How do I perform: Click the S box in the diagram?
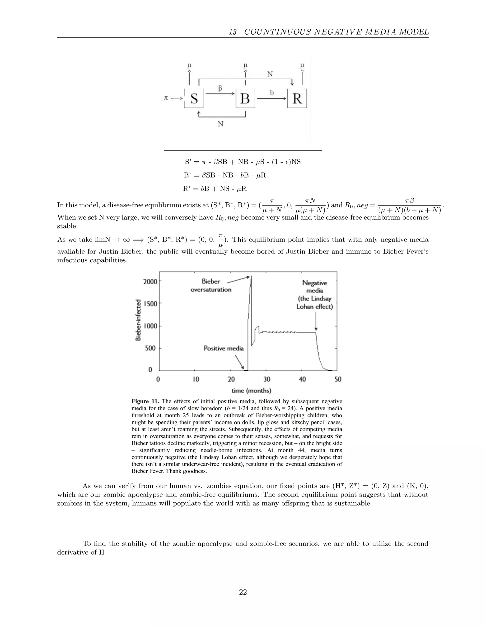point(194,98)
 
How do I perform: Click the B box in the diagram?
point(245,98)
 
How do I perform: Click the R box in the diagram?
point(297,98)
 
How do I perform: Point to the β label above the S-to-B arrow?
point(220,88)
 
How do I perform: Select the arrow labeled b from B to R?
point(271,98)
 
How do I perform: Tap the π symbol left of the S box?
point(166,98)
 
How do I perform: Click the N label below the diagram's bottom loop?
point(220,124)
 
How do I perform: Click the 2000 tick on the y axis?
point(150,281)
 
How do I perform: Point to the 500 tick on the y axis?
point(150,348)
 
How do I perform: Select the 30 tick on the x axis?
point(267,379)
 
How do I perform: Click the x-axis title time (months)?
point(251,391)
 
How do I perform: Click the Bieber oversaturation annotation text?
point(211,286)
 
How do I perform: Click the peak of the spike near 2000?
point(251,277)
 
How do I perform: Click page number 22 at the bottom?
point(243,592)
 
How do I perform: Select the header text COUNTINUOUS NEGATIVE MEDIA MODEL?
point(336,32)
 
